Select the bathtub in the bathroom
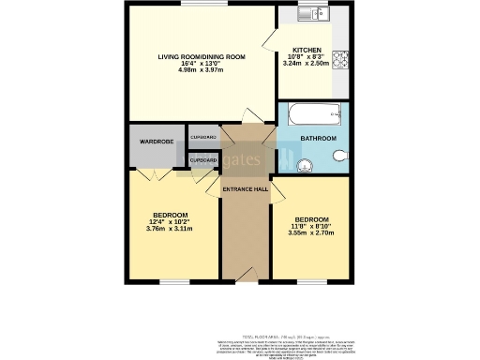tap(315, 118)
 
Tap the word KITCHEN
tap(307, 50)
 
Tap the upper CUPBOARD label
tap(203, 138)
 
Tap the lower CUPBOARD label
tap(203, 160)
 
